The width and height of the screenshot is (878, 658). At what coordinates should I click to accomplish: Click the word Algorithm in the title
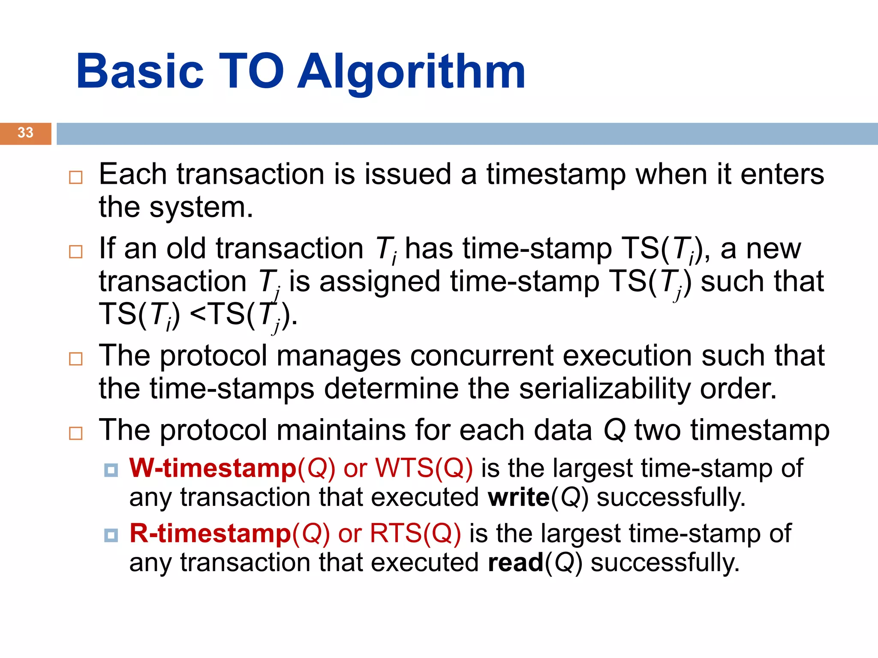[412, 72]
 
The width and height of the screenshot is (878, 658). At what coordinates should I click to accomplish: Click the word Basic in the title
[140, 72]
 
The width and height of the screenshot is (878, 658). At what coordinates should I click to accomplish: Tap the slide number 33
[25, 133]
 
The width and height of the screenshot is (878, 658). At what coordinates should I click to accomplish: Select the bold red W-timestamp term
[212, 468]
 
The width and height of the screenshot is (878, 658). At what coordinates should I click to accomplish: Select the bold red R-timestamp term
[210, 534]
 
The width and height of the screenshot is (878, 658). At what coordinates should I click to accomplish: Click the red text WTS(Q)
[424, 468]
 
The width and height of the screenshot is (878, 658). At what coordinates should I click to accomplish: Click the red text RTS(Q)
[415, 534]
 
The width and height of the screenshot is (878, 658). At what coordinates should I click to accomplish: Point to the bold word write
[518, 498]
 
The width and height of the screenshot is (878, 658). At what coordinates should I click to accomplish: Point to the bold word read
[515, 563]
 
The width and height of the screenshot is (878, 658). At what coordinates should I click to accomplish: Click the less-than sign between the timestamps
[198, 314]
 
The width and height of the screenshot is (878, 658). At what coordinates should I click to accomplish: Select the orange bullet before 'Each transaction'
[76, 177]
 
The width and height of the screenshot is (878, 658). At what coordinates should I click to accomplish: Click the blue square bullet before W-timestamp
[111, 470]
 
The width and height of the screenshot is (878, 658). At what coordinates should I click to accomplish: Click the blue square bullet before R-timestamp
[111, 535]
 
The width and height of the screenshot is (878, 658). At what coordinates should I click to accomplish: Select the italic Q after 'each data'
[614, 431]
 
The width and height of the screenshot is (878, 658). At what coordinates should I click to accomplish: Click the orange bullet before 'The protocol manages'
[76, 359]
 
